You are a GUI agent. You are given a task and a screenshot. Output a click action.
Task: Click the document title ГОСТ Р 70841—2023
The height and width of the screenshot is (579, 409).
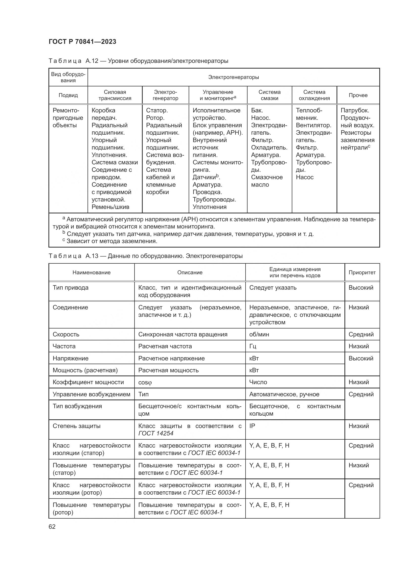tap(82, 42)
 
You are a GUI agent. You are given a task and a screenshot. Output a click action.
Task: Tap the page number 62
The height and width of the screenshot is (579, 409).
tap(52, 527)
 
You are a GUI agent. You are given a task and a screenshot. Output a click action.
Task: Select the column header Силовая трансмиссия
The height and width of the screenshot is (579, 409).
tap(115, 95)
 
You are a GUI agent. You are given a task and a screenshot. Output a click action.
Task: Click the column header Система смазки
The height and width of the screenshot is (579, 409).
tap(269, 95)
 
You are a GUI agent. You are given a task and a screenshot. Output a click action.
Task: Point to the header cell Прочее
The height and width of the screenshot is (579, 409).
tap(358, 95)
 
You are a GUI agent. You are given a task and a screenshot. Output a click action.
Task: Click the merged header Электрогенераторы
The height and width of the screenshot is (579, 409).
tap(233, 77)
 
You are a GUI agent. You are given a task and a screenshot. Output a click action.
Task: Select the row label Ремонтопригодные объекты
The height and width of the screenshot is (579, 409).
tap(68, 118)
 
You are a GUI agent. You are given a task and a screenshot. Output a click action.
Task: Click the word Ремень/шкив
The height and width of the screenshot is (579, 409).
tap(110, 207)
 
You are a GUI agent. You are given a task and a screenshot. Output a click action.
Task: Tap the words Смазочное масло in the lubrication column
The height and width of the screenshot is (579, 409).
tap(267, 181)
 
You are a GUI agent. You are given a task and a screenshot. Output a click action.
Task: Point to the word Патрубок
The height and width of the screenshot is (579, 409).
tap(355, 110)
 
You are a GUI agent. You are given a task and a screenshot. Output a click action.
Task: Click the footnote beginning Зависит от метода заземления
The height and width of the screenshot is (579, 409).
tap(112, 241)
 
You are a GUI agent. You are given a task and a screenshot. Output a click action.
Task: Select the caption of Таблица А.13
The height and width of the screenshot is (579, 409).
tap(145, 256)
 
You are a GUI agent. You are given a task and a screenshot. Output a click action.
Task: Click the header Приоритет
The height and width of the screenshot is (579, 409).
tap(362, 272)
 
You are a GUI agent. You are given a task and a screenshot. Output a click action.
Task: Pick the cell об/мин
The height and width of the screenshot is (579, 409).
tap(259, 334)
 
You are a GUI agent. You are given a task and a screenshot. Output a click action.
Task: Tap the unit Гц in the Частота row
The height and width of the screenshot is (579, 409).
tap(253, 346)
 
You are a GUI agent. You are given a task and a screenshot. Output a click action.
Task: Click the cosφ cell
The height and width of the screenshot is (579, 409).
tap(145, 382)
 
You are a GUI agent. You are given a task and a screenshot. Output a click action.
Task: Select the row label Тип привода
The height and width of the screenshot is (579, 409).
tap(70, 288)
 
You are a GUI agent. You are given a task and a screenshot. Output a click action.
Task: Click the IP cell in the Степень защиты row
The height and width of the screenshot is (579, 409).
tap(252, 426)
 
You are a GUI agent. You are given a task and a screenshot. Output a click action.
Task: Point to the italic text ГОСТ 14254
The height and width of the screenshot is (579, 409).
tap(156, 433)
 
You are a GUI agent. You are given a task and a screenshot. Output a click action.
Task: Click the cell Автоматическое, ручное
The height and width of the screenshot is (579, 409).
tap(284, 394)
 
